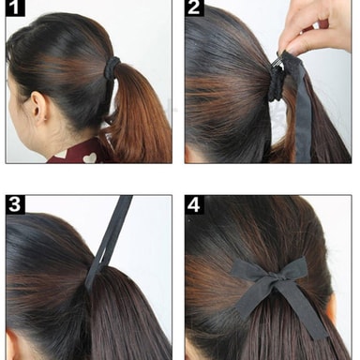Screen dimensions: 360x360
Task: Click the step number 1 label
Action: point(15,7)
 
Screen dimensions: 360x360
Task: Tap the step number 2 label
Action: point(194,7)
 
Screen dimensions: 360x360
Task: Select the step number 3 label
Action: point(15,204)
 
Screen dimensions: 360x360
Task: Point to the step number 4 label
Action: point(194,204)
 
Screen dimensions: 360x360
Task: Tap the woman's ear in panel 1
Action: point(39,108)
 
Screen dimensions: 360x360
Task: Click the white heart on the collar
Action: point(90,157)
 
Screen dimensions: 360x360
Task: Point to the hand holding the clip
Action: point(316,26)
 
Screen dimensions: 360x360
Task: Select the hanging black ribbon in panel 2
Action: point(301,110)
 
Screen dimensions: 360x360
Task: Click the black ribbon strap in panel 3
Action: point(108,242)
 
